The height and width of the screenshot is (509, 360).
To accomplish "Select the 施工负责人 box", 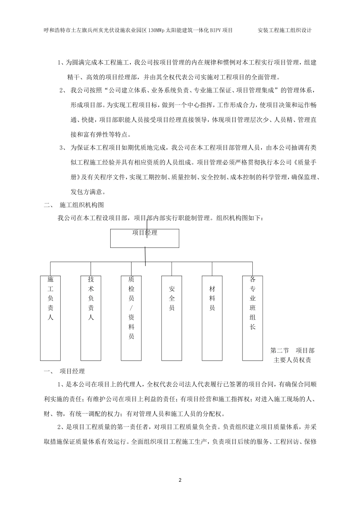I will click(50, 318).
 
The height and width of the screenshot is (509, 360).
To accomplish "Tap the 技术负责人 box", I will click(91, 318).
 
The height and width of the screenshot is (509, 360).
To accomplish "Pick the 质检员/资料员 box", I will click(131, 318).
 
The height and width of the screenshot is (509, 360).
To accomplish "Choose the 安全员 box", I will click(172, 318).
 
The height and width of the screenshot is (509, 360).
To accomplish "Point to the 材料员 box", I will click(212, 318).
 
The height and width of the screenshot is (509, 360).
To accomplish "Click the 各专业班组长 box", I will click(253, 318).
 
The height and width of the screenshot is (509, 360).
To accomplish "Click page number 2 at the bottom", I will click(180, 480).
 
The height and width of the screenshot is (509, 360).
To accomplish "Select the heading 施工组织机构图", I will click(82, 205).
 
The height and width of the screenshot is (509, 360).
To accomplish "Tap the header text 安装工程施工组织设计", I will click(284, 30).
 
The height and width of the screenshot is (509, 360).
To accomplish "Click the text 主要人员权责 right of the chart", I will click(292, 360).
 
